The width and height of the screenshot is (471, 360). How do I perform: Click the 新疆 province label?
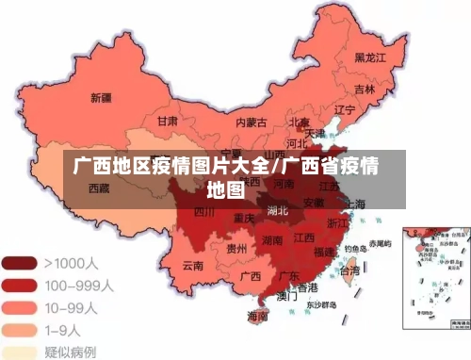(102, 97)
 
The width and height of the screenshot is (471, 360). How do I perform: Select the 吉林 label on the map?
(365, 90)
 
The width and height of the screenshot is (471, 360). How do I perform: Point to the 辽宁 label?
(345, 109)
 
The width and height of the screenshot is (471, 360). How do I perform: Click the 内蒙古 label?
(251, 123)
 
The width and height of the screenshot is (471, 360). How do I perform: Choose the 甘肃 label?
(168, 122)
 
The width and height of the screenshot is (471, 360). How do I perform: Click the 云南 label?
(193, 266)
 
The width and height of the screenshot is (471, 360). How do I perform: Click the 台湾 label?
(349, 270)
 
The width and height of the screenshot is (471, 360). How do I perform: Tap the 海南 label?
(257, 316)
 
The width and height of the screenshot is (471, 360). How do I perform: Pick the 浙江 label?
(337, 223)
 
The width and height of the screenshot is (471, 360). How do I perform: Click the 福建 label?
(323, 252)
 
